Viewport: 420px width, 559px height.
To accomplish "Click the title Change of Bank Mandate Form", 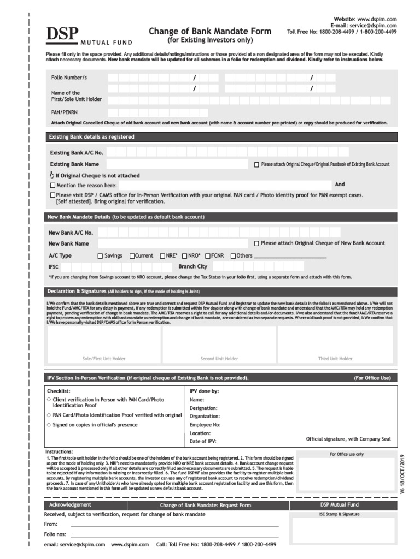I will pos(210,32).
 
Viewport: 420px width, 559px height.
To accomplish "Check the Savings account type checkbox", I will pos(100,256).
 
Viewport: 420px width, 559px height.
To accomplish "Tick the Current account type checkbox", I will pos(132,256).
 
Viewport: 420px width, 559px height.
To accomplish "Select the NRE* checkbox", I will pos(162,256).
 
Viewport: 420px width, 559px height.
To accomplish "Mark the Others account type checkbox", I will pos(233,256).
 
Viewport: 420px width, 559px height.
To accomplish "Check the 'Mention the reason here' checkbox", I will pos(52,186).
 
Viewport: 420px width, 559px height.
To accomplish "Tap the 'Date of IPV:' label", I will pos(202,441).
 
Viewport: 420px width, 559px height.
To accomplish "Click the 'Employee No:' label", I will pos(205,424).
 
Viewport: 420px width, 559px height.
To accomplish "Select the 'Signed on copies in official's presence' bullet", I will pos(49,425).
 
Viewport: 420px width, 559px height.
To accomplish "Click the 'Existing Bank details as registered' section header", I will pos(91,137).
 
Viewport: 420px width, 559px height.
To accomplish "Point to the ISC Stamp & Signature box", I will pos(343,531).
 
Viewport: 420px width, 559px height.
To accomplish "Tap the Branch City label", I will pos(192,266).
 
